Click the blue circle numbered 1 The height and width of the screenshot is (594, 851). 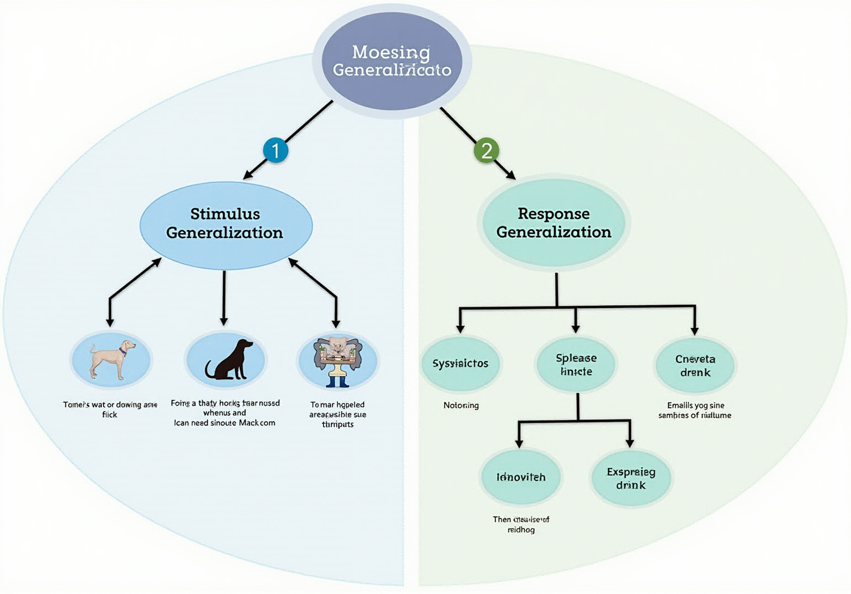[x=275, y=150]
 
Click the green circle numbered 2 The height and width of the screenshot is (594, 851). [x=486, y=150]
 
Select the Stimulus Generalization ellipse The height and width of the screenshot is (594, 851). [x=225, y=224]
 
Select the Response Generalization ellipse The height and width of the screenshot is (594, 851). [x=553, y=223]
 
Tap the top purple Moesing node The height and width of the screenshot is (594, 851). [x=392, y=61]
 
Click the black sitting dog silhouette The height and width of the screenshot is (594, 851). [x=229, y=360]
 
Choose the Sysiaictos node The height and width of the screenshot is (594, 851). [x=460, y=363]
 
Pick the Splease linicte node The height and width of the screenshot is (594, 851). [x=576, y=365]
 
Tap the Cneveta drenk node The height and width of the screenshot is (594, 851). [x=695, y=366]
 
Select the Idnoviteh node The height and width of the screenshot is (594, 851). [x=521, y=477]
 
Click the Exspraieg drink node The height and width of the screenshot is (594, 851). [x=630, y=478]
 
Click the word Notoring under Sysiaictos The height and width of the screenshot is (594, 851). [x=461, y=405]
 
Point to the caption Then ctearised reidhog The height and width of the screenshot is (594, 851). [x=521, y=524]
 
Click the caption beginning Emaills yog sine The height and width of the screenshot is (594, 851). [x=695, y=410]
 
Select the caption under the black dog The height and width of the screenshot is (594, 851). [x=224, y=413]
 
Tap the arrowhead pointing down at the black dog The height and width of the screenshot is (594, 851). [x=224, y=321]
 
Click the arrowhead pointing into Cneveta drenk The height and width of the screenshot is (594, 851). [x=694, y=331]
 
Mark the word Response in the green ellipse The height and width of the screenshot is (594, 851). [x=553, y=213]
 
